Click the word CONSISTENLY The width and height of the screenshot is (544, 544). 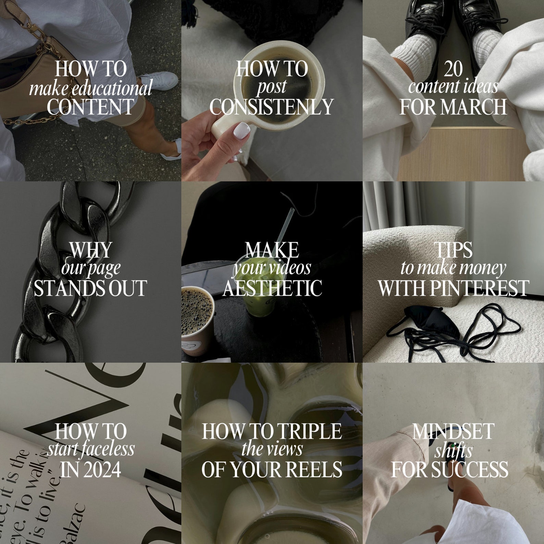[x=271, y=107]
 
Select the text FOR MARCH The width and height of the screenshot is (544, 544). [x=453, y=107]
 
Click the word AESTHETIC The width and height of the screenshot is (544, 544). [x=272, y=288]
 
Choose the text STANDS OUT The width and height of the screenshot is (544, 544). [x=90, y=288]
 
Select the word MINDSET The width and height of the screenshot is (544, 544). [x=453, y=431]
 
